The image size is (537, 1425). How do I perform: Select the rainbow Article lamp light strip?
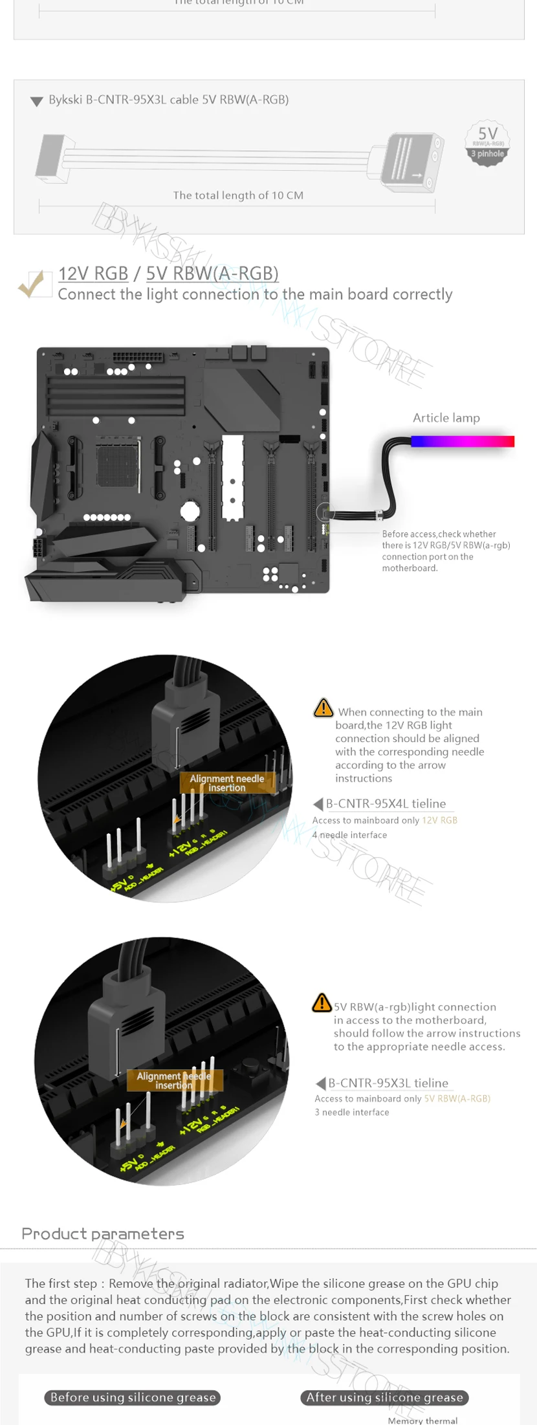coord(462,441)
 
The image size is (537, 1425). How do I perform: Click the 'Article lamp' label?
coord(446,418)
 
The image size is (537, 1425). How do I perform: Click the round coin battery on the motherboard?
coord(190,511)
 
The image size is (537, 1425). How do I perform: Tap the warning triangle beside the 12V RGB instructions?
coord(323,708)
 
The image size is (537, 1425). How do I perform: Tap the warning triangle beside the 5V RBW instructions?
coord(322,1003)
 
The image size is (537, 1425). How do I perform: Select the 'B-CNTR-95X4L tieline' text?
coord(386,803)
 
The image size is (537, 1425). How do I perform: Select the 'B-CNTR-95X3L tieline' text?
coord(388,1083)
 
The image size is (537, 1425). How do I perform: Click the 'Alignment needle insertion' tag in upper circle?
coord(226,783)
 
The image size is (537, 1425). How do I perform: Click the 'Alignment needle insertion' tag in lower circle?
coord(173,1080)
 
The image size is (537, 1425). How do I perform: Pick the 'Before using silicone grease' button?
coord(133,1397)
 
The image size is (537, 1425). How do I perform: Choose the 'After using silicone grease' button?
coord(384,1397)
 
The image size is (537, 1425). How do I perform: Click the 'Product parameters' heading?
coord(103,1234)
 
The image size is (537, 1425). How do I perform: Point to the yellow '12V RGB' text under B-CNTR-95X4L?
coord(439,820)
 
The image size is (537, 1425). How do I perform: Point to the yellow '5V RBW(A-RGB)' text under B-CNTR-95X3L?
coord(457,1098)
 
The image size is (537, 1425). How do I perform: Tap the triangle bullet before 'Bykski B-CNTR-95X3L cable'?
coord(36,101)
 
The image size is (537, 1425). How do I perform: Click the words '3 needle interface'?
coord(352,1113)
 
